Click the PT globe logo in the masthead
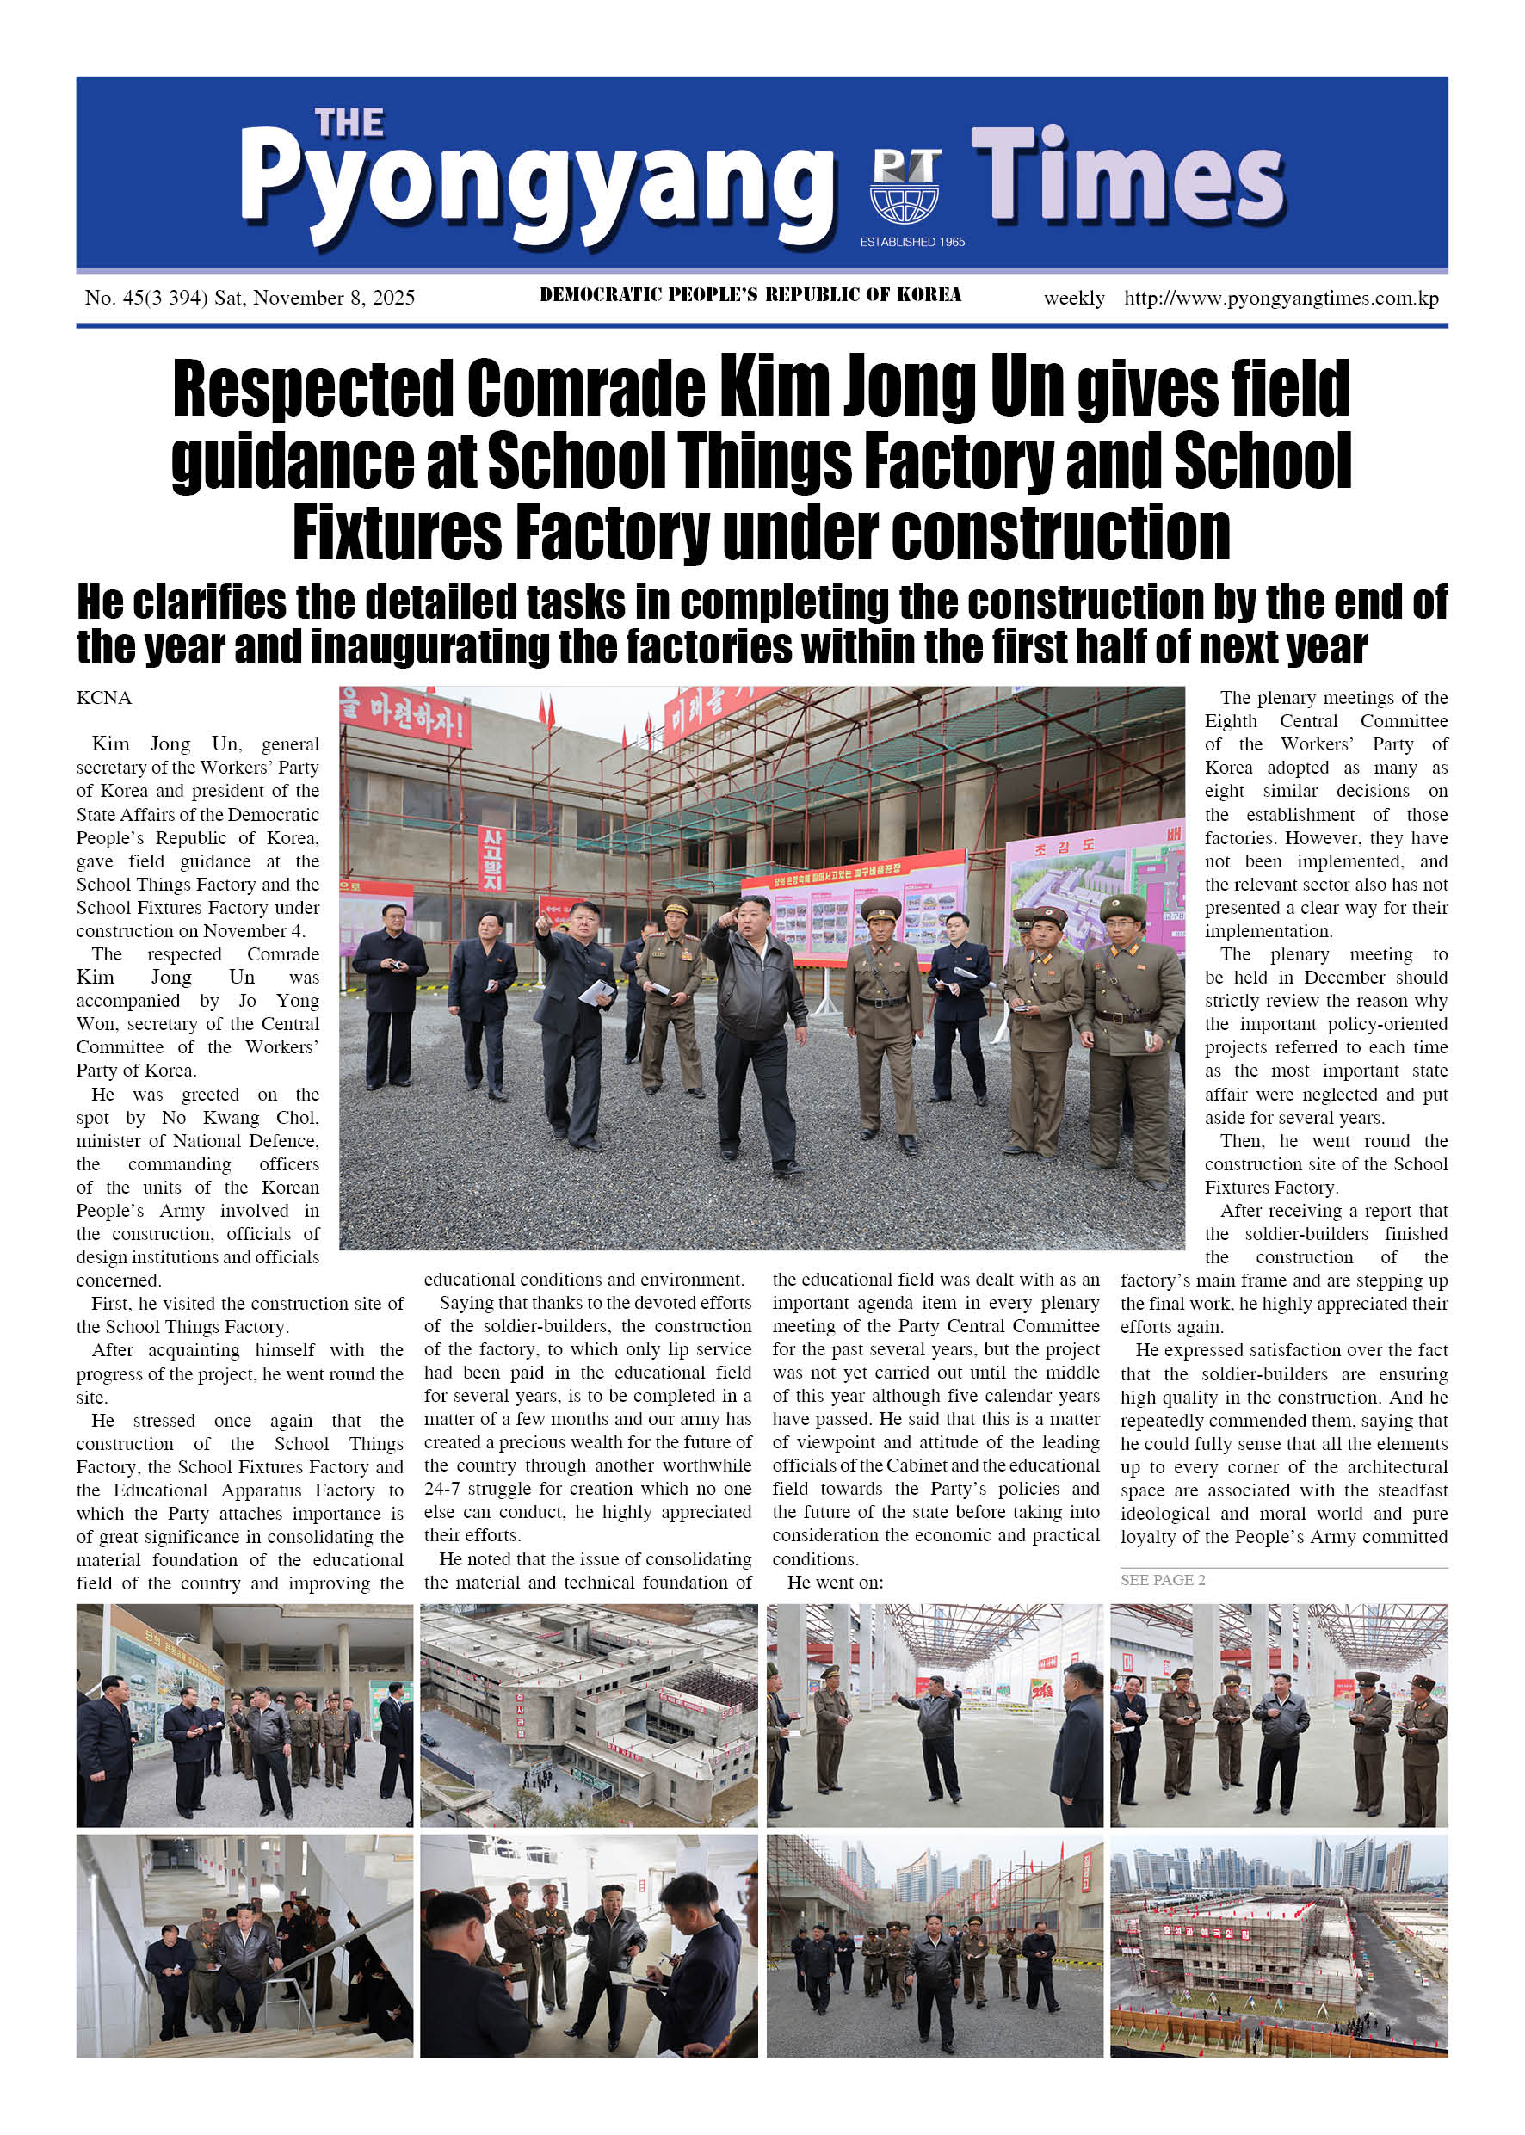pos(905,185)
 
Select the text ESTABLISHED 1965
pos(911,242)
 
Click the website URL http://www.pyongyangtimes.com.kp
pos(1281,299)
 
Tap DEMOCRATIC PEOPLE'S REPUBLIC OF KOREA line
pos(750,295)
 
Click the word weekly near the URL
pos(1073,299)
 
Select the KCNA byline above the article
pos(104,698)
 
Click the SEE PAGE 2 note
pos(1163,1580)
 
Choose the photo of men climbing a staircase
pos(244,1946)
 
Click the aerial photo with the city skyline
pos(1279,1946)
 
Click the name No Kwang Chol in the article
pos(239,1117)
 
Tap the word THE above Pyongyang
pos(349,123)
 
